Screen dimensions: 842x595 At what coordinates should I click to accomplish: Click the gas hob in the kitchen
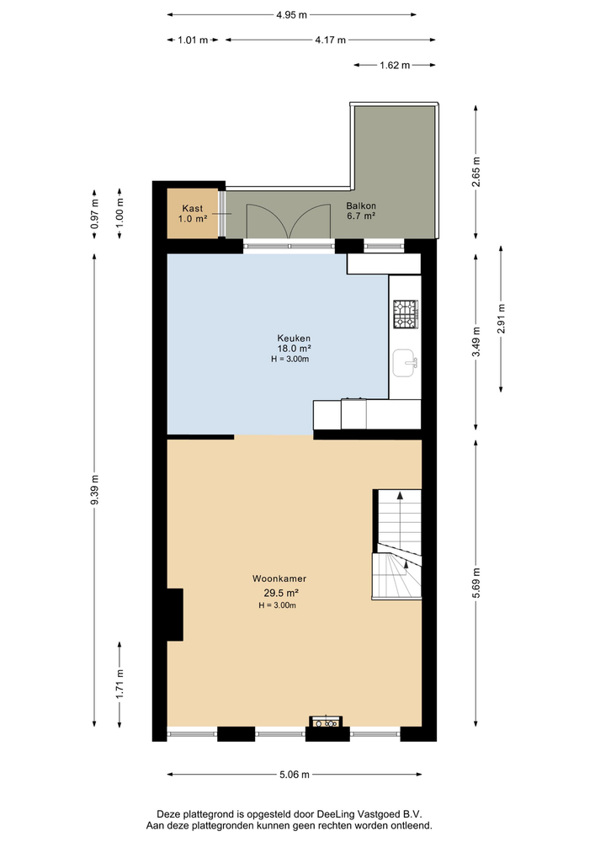click(x=405, y=315)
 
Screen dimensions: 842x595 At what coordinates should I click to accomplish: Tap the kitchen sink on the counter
click(x=405, y=364)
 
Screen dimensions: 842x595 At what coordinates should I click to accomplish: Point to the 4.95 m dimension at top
click(x=291, y=14)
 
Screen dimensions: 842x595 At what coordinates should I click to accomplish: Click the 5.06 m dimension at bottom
click(x=294, y=775)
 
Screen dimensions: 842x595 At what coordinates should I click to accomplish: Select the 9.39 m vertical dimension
click(x=95, y=490)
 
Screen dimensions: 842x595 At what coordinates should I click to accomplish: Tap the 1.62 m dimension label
click(x=394, y=65)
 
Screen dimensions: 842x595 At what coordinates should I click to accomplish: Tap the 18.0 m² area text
click(x=295, y=349)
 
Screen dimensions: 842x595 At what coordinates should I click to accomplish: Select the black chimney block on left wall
click(x=174, y=615)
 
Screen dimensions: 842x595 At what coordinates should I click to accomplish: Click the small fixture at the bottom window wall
click(x=324, y=722)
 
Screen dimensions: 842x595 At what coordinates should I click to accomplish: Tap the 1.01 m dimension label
click(x=193, y=40)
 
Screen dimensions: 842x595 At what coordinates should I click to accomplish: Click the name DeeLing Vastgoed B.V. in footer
click(x=375, y=814)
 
